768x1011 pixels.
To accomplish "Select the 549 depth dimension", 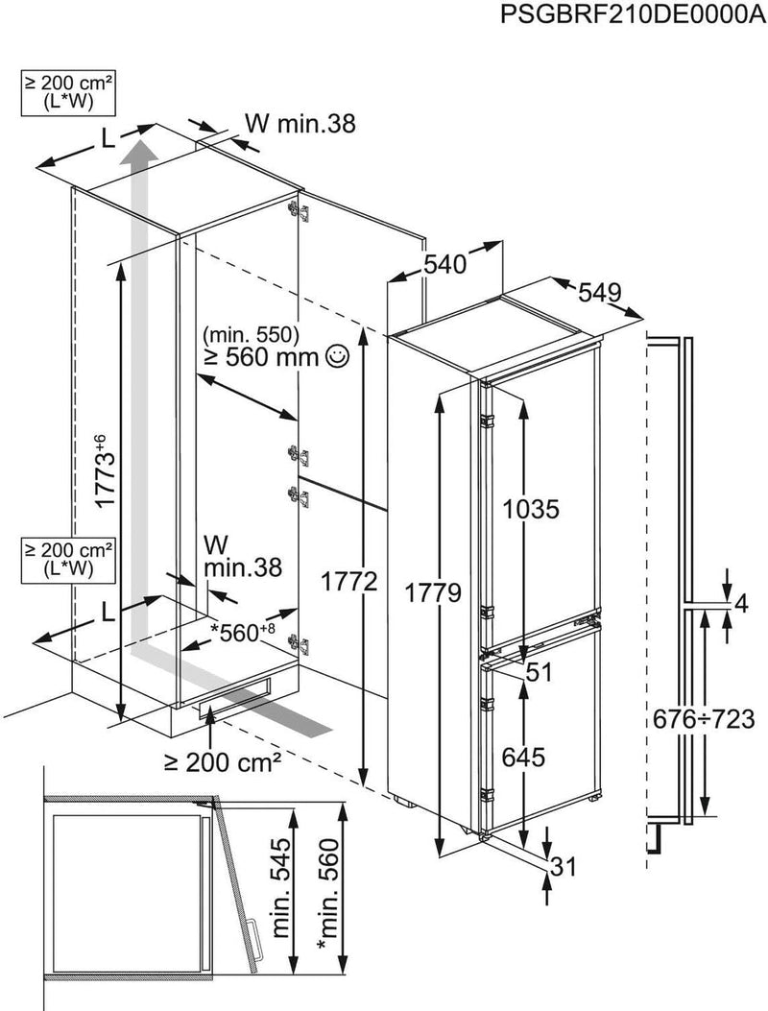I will (598, 292).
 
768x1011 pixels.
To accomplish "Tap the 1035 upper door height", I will (532, 509).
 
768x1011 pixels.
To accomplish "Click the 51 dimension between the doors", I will (540, 673).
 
